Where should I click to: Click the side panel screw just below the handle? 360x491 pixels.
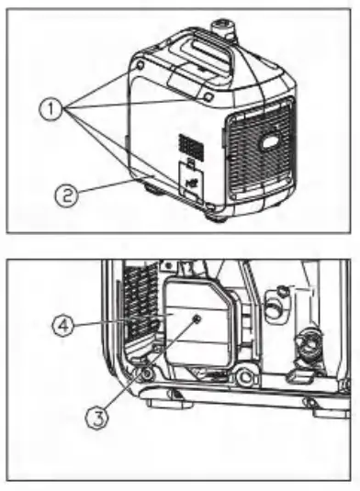pyautogui.click(x=208, y=95)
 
